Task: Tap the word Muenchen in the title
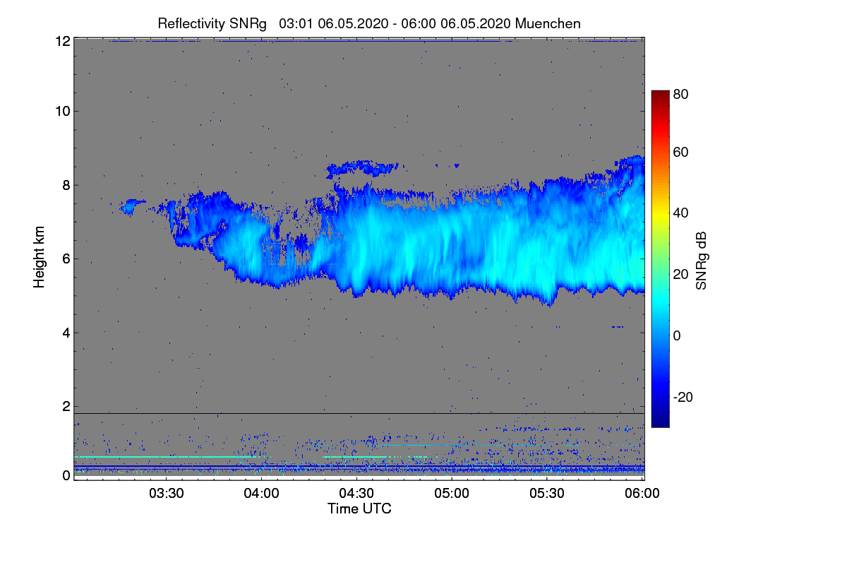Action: pos(548,23)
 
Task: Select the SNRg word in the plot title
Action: pos(248,23)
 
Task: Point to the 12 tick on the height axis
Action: pos(62,41)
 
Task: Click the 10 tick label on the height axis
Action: pos(62,111)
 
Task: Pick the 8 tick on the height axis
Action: pos(66,185)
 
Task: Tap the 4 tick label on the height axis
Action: pos(66,333)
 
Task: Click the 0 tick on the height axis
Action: pos(66,475)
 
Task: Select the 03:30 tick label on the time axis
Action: pos(166,494)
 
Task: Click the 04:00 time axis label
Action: pos(261,494)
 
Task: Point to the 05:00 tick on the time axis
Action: pos(452,494)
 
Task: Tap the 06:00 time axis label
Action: pos(642,494)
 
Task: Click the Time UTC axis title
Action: pos(359,509)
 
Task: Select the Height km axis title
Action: pos(39,258)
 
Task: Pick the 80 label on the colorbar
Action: pos(680,94)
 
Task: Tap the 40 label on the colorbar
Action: pos(680,213)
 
